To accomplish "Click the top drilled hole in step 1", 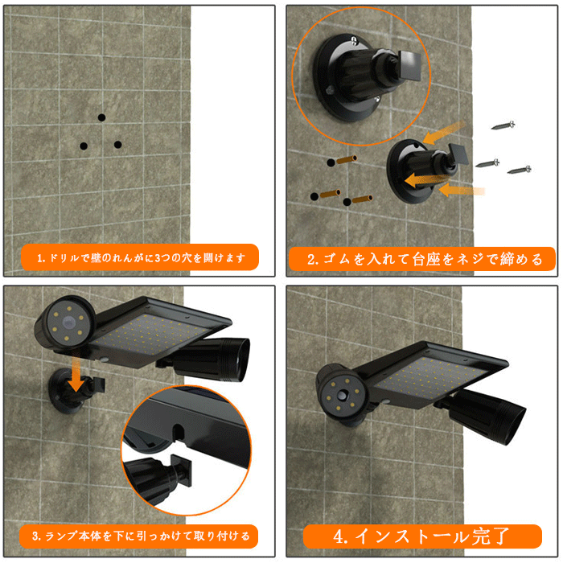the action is click(x=101, y=117).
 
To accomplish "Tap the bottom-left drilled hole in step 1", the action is click(x=84, y=146).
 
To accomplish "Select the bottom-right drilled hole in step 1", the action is click(x=117, y=145).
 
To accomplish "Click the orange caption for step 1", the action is click(x=140, y=257).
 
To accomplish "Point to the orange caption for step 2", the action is click(x=422, y=259).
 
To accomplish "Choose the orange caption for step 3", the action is click(x=138, y=536).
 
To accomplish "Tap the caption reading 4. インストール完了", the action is click(x=422, y=536).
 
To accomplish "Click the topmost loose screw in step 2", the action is click(x=503, y=125).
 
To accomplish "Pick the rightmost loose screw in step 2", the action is click(x=520, y=170).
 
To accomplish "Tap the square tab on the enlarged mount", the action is click(x=409, y=65).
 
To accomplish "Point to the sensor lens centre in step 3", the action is click(x=68, y=322).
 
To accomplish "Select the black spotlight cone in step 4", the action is click(x=488, y=417).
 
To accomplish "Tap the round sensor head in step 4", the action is click(x=342, y=395).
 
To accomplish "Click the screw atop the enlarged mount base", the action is click(x=354, y=40).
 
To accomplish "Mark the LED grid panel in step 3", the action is click(x=151, y=334).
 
